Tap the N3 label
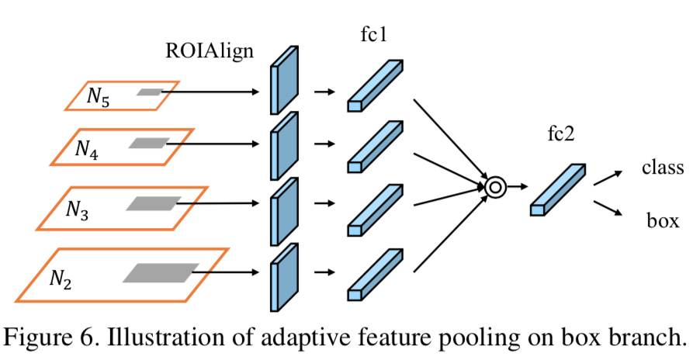point(75,210)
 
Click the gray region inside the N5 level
point(148,92)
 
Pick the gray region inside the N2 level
point(160,272)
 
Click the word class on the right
point(662,167)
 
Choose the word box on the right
point(663,220)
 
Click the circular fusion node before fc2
point(494,186)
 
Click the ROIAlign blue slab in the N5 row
point(284,81)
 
